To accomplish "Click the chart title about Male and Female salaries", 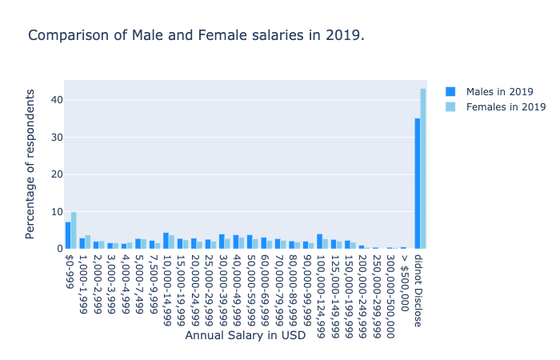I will [196, 36].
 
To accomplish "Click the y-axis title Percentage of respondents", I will [30, 164].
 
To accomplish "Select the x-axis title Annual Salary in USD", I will [245, 336].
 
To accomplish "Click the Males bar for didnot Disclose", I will [417, 184].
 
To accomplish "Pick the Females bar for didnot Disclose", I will [423, 169].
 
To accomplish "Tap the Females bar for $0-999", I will [74, 230].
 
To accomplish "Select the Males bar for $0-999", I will [68, 235].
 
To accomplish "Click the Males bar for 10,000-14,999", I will [166, 241].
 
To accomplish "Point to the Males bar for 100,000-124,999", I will [319, 242].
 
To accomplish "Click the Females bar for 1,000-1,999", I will [88, 242].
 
